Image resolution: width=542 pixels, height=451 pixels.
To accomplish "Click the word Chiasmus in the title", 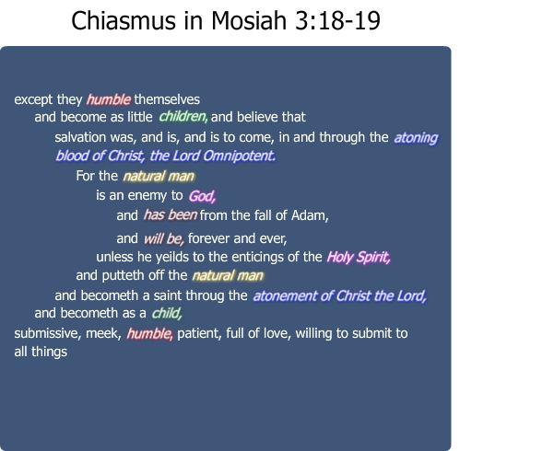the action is coord(123,20).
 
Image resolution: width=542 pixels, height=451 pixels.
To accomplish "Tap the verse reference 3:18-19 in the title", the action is coord(337,20).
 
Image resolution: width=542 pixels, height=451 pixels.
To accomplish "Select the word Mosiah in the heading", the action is coord(249,20).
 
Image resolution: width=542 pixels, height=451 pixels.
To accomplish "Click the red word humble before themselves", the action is coord(109,99).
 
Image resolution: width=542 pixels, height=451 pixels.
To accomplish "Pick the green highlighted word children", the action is coord(183,117).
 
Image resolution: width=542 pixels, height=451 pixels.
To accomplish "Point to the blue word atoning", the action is coord(416,138).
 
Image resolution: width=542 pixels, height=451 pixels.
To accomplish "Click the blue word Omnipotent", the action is coord(239,156).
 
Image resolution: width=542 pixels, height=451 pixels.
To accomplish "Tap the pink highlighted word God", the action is coord(202,196).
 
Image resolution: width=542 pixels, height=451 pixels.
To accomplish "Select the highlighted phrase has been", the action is coord(170,215).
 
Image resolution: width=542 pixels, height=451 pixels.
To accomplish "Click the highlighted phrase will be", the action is coord(163,238).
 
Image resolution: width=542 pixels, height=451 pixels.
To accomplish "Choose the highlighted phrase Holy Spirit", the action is coord(359,257).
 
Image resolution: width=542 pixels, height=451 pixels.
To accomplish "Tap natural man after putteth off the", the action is coord(228,276).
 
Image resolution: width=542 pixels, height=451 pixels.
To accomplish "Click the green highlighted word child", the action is coord(167,313).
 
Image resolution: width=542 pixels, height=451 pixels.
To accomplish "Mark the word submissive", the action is coord(47,333).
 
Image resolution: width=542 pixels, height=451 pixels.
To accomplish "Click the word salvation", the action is coord(80,137).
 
